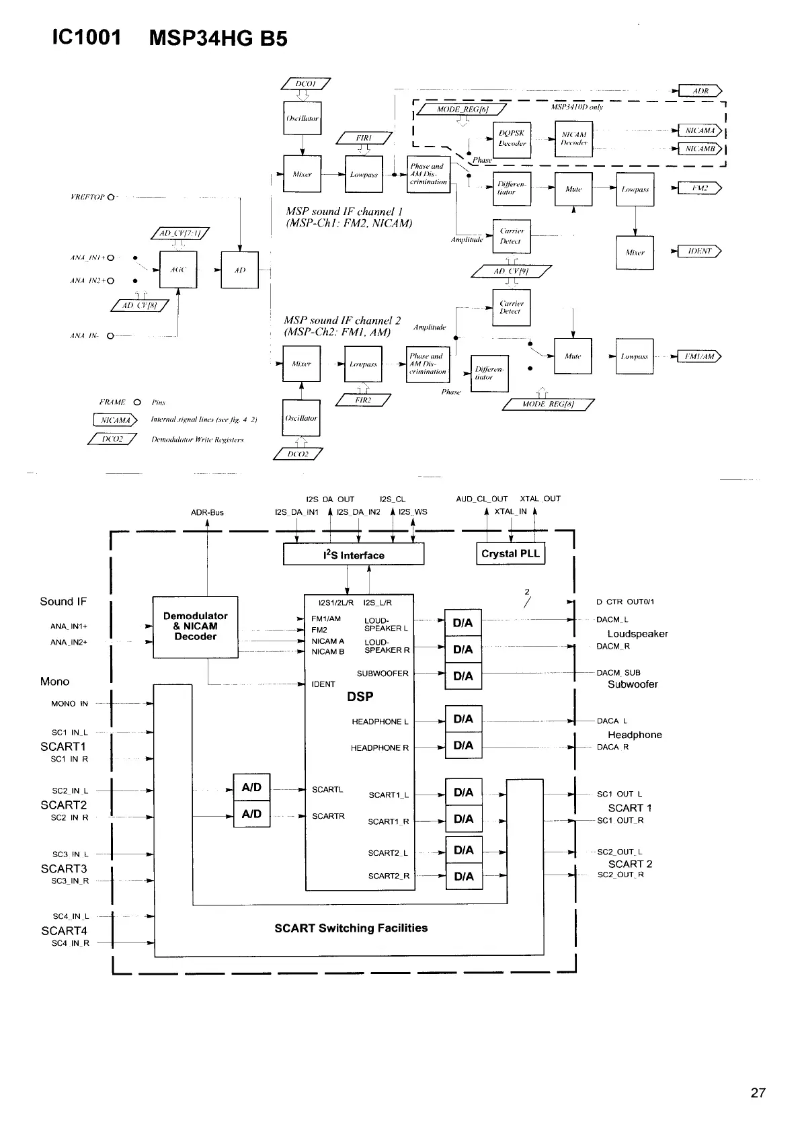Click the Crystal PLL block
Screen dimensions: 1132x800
point(510,554)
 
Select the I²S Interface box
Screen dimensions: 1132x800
point(354,555)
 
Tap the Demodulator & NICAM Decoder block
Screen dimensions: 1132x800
point(196,626)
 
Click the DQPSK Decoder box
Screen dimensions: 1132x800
point(512,138)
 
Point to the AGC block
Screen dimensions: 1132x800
point(178,270)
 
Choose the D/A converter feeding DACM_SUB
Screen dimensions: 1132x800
point(463,676)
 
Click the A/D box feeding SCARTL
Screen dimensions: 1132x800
point(251,787)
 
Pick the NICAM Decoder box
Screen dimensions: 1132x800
point(573,138)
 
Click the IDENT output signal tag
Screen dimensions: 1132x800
point(699,251)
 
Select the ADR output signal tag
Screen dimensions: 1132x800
point(700,91)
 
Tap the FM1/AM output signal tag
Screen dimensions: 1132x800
point(699,357)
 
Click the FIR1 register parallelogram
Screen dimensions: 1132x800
point(364,138)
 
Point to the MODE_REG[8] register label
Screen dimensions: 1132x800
point(549,404)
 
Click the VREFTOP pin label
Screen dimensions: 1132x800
point(87,197)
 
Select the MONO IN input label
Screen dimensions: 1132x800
point(69,704)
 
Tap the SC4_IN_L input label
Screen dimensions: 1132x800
point(71,916)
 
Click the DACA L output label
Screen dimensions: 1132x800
point(612,721)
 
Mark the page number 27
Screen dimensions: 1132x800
point(758,1093)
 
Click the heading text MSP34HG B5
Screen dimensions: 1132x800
point(218,38)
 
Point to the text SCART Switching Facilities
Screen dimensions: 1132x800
point(351,928)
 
